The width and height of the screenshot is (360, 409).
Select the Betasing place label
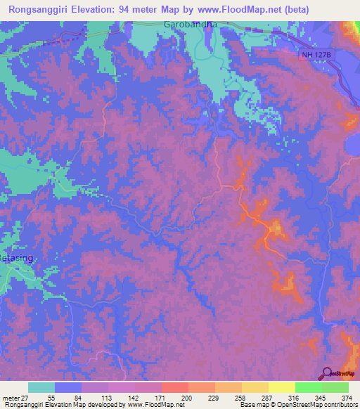click(15, 258)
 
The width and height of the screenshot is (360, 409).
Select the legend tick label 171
click(161, 397)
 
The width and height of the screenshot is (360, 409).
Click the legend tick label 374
click(347, 397)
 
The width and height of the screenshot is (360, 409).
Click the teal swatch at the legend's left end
click(41, 387)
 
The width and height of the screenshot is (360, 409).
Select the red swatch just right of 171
click(174, 387)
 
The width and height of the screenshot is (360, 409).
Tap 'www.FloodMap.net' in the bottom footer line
click(151, 405)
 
